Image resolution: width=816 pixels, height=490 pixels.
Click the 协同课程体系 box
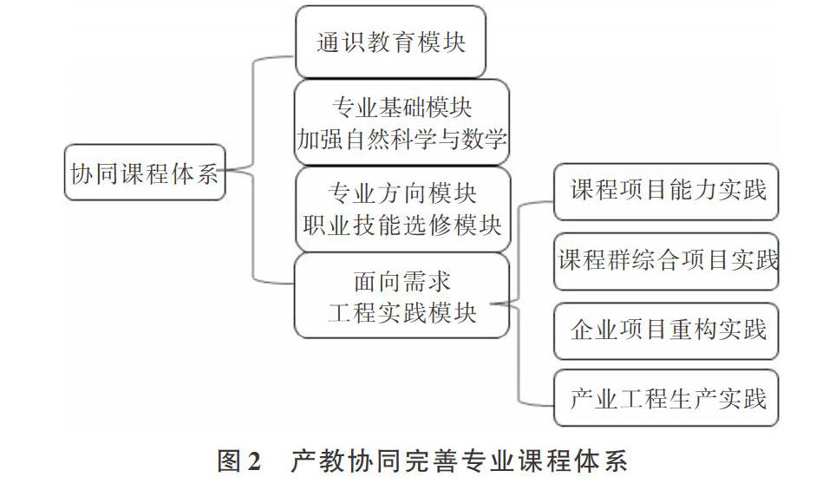click(x=145, y=173)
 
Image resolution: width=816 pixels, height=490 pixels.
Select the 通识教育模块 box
click(x=390, y=42)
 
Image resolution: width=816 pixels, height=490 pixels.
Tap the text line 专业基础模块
click(x=401, y=108)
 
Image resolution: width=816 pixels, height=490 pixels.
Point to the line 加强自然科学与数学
click(x=401, y=139)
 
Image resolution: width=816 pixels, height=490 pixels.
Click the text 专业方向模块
click(x=401, y=193)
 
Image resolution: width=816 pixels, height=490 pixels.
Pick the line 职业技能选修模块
click(x=401, y=225)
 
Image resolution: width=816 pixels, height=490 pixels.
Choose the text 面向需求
click(x=401, y=282)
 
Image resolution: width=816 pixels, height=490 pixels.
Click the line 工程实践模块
click(x=401, y=313)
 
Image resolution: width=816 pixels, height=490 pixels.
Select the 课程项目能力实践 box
click(x=666, y=191)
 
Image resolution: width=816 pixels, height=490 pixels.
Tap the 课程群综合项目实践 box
click(x=666, y=261)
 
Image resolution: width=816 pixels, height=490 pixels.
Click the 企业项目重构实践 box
click(x=666, y=330)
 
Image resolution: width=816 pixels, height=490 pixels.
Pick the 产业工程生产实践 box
click(x=666, y=398)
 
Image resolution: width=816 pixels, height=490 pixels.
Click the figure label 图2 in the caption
click(x=238, y=461)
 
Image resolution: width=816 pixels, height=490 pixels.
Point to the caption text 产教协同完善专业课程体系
click(x=459, y=461)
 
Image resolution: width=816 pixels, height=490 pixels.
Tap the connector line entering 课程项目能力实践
click(x=519, y=250)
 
